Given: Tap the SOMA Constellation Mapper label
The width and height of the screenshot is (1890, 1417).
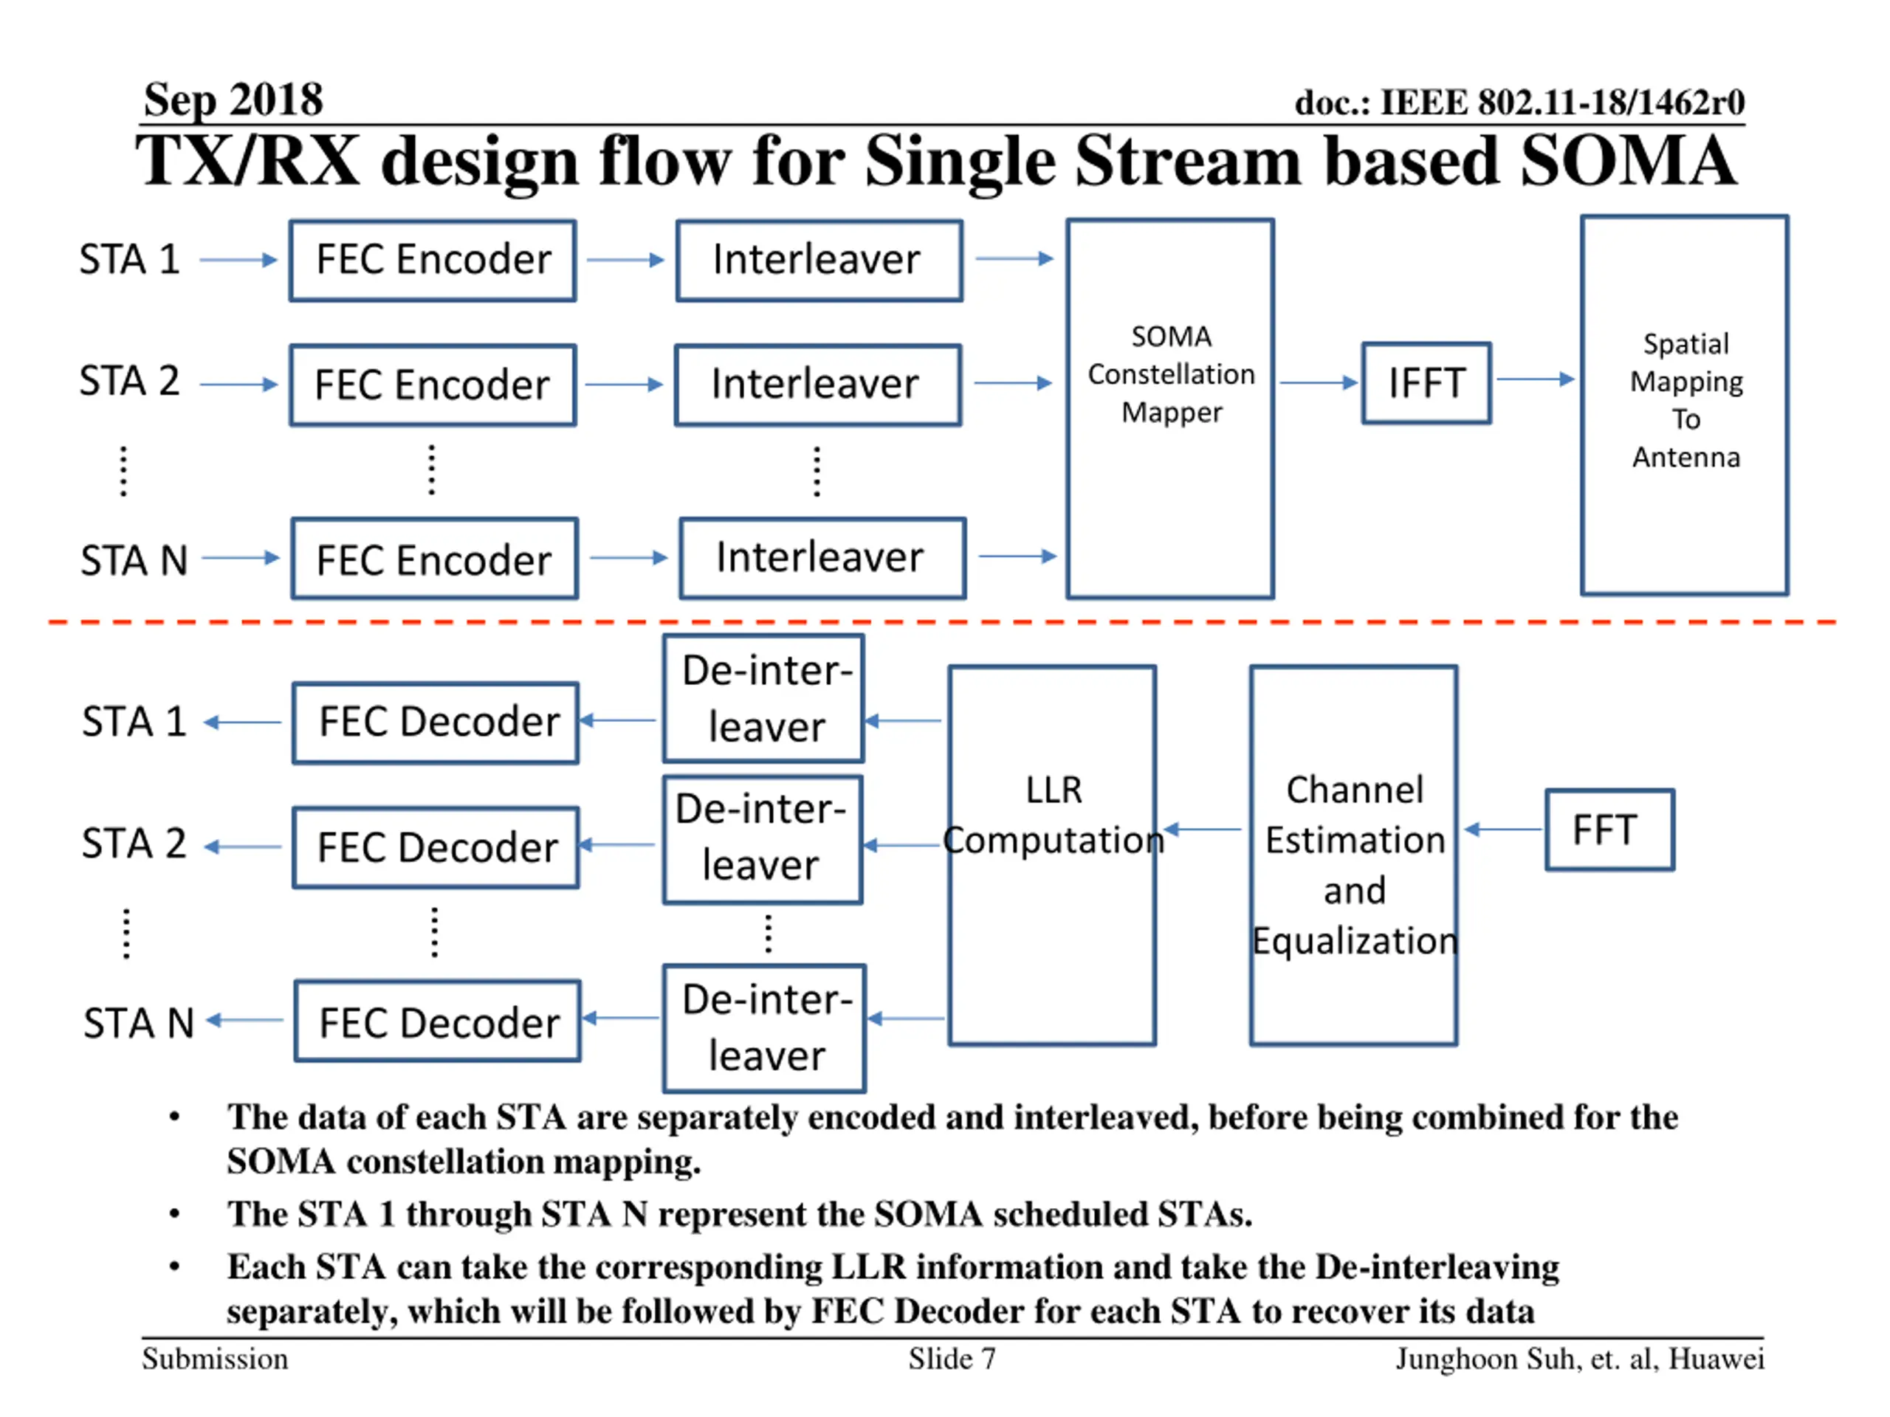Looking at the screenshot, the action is coord(1171,374).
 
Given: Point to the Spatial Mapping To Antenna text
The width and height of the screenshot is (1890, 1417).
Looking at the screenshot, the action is coord(1685,400).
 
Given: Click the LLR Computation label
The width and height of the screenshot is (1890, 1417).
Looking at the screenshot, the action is coord(1053,815).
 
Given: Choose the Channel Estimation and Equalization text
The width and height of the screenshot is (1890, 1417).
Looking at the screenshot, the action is coord(1354,864).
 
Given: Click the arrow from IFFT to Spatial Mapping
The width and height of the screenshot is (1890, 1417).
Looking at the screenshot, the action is coord(1536,379).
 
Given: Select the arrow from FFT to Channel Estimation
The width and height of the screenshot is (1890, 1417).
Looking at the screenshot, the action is coord(1503,829).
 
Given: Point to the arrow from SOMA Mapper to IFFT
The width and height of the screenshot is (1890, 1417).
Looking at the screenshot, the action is coord(1319,382).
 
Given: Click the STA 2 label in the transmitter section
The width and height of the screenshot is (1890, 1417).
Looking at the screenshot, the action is coord(130,381).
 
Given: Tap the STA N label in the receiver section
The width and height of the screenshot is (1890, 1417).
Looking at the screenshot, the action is coord(140,1022).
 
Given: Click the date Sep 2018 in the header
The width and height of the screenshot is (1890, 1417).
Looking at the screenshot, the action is coord(233,100).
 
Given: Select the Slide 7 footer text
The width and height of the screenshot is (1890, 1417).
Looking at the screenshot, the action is coord(952,1358).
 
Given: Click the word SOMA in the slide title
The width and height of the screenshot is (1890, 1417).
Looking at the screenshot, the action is coord(1628,161).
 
